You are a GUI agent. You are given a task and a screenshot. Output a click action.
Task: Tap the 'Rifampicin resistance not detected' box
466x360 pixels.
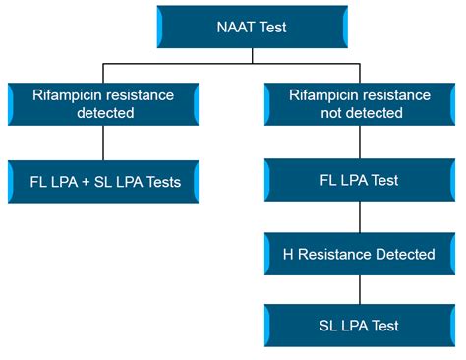point(360,104)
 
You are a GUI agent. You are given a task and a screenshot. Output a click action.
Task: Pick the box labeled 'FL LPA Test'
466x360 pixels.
point(360,182)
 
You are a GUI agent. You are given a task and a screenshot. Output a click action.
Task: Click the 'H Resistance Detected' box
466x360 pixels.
point(360,254)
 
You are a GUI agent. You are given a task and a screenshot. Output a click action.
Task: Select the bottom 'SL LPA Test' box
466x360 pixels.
point(360,326)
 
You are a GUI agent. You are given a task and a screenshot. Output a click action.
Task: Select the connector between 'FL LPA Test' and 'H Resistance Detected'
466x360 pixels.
point(360,218)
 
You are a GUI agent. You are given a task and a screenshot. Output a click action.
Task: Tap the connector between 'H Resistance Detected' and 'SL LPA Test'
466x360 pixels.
point(360,290)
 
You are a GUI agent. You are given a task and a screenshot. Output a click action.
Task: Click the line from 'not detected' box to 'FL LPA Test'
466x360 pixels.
point(360,144)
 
